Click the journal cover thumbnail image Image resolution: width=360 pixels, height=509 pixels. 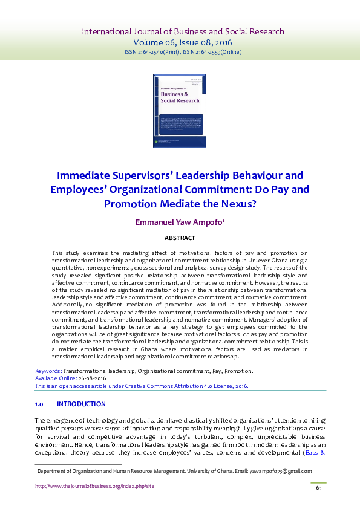click(180, 110)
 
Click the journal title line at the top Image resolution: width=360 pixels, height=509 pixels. click(183, 31)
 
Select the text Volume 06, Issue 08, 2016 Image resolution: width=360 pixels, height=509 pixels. click(183, 42)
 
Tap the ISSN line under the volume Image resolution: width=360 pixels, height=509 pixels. click(183, 52)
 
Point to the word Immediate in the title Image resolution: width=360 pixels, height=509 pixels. click(85, 175)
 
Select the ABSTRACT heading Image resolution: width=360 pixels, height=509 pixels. click(180, 238)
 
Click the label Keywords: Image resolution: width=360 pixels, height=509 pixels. click(48, 371)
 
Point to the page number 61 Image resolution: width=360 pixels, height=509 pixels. click(318, 488)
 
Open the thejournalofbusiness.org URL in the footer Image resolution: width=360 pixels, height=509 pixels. click(95, 485)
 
